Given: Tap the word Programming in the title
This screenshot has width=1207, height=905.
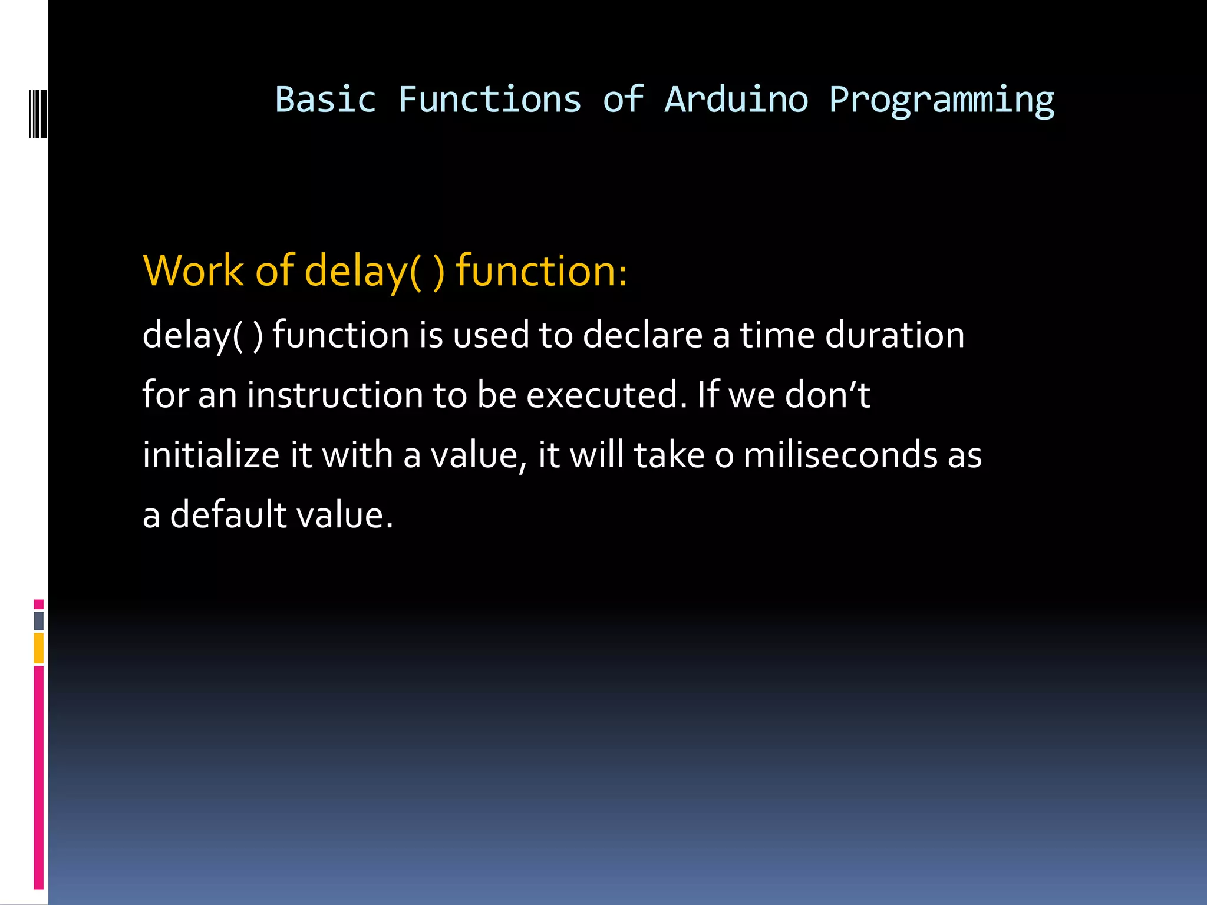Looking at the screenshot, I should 941,100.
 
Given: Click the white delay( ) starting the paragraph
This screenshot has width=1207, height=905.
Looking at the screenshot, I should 203,335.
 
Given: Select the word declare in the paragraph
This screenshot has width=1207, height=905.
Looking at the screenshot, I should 642,335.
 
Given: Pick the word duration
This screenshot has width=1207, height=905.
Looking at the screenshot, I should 894,335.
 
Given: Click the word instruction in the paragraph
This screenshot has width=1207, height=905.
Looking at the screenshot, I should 335,395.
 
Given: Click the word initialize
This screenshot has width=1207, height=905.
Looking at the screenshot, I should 211,455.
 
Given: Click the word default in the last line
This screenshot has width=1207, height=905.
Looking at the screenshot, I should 228,515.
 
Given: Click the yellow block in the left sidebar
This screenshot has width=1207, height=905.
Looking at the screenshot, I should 39,648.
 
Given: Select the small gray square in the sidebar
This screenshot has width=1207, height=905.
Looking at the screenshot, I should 39,620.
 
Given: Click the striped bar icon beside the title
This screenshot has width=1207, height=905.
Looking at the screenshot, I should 38,113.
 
